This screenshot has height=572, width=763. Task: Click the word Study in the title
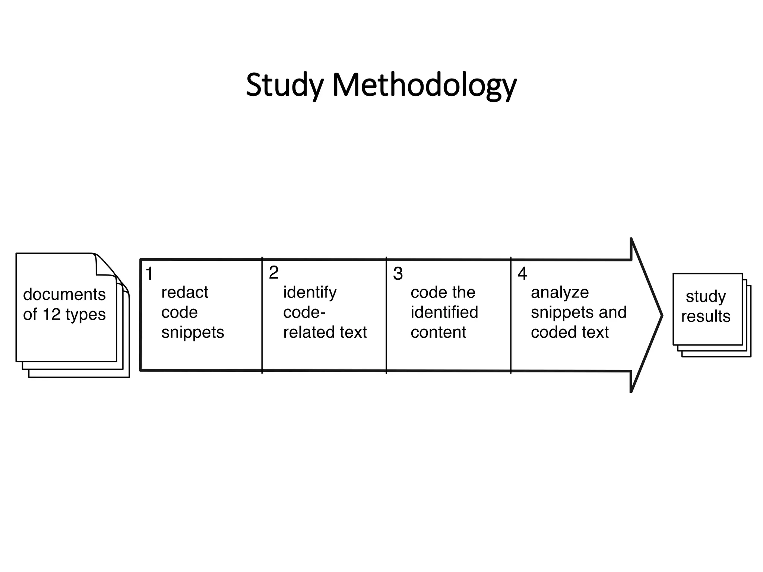[x=285, y=85]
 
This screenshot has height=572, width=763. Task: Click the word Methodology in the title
[x=424, y=85]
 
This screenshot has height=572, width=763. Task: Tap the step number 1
[x=149, y=274]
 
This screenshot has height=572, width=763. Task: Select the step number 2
[x=274, y=273]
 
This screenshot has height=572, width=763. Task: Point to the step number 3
[x=398, y=274]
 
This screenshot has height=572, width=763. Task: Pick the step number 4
[x=522, y=274]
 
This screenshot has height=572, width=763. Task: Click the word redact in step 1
[x=184, y=293]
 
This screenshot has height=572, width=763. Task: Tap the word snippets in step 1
[x=193, y=332]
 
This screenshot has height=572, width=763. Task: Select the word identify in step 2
[x=310, y=293]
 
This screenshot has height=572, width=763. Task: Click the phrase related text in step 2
[x=325, y=332]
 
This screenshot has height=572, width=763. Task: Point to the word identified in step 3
[x=444, y=312]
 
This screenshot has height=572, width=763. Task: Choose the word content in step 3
[x=438, y=332]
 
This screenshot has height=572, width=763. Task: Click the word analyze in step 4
[x=560, y=293]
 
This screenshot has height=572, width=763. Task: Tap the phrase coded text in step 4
[x=570, y=332]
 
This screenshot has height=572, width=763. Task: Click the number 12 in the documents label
[x=51, y=314]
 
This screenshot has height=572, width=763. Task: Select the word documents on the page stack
[x=64, y=295]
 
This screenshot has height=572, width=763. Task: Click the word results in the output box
[x=706, y=316]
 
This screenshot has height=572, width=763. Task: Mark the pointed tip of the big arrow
[x=662, y=316]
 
